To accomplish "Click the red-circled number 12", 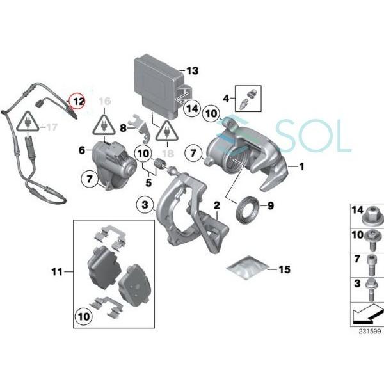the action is click(78, 101).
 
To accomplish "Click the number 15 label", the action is click(284, 269).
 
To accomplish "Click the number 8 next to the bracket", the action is click(124, 128).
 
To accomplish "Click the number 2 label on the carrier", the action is click(217, 205).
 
